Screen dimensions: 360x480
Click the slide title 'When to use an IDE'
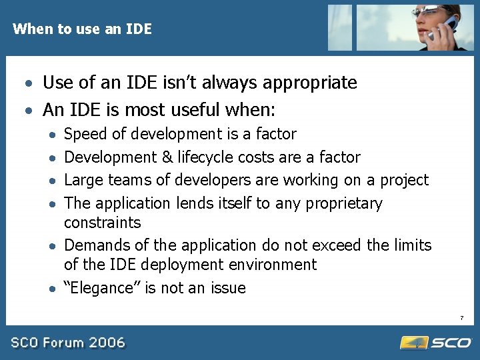(x=82, y=29)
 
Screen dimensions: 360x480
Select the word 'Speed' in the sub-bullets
(x=85, y=134)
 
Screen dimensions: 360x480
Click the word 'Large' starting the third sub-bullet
(x=83, y=180)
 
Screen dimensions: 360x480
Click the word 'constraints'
(x=102, y=222)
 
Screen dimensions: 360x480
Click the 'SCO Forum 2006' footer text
(x=67, y=343)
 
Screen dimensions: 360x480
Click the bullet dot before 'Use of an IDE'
(x=27, y=84)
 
